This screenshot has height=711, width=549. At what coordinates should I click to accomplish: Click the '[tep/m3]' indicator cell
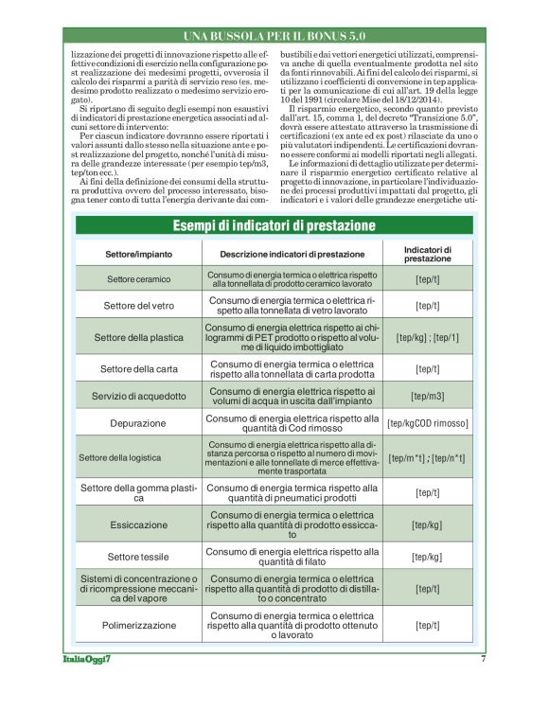(428, 396)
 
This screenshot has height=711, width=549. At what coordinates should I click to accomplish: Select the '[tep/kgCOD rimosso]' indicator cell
(428, 423)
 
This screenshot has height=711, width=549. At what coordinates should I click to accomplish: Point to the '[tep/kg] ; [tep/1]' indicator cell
(428, 337)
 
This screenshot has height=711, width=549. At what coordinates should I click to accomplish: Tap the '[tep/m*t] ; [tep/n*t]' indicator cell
(428, 457)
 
